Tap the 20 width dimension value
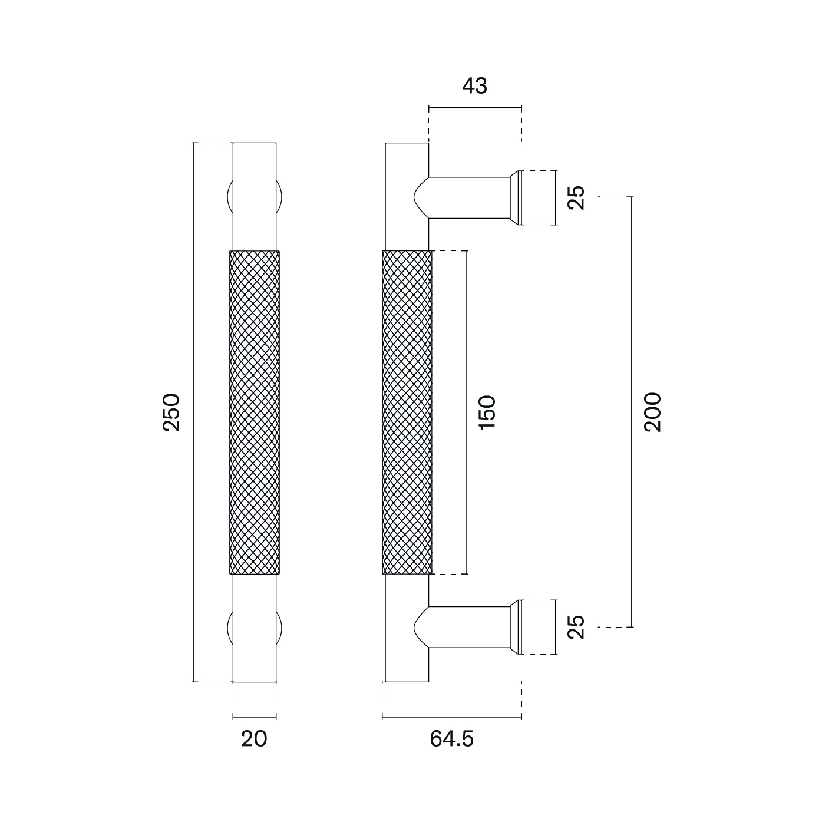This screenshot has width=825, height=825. tap(254, 738)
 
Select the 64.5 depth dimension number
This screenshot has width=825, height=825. tap(451, 738)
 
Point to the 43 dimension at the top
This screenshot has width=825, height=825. tap(475, 86)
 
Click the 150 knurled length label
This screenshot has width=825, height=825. tap(487, 412)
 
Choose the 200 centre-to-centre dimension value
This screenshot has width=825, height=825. tap(653, 412)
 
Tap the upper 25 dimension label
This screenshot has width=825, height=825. tap(577, 197)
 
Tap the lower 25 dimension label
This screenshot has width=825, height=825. tap(577, 627)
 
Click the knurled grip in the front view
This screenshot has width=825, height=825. tap(254, 412)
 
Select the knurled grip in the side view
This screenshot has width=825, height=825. tap(407, 412)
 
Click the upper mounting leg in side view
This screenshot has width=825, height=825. tap(468, 197)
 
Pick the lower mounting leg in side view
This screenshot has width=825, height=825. tap(468, 627)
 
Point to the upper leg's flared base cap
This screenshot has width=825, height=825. tap(516, 197)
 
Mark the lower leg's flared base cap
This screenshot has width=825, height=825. tap(516, 627)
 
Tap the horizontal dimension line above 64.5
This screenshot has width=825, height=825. tap(451, 717)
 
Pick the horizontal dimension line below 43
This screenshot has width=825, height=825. tap(475, 108)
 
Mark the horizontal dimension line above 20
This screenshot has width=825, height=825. tap(254, 717)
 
